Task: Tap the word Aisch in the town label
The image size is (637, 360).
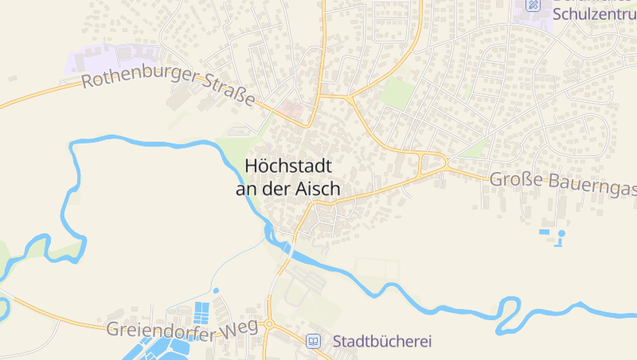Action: pos(318,190)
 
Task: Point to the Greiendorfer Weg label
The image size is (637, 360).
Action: pos(183,330)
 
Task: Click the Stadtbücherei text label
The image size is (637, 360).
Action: pos(382,342)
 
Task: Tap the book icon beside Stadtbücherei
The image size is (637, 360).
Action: pos(314,342)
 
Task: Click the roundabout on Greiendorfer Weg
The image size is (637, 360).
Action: pos(269,324)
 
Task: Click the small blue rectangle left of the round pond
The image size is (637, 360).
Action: pos(545,232)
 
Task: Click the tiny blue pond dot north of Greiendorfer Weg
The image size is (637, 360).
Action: pos(216,290)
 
